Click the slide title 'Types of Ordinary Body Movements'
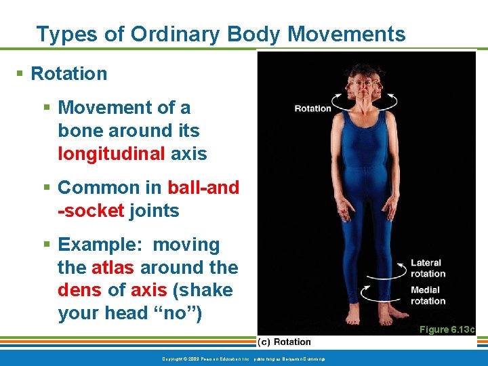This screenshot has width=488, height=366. [220, 34]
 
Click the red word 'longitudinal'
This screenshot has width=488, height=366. [111, 154]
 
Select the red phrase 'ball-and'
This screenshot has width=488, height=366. [203, 188]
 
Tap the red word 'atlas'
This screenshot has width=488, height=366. [113, 268]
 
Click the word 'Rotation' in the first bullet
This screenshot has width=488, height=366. [69, 74]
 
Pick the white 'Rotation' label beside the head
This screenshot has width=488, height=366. [312, 108]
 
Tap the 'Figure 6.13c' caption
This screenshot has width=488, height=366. [447, 329]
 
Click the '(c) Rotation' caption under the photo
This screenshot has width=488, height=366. [284, 342]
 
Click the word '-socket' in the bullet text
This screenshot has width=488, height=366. [91, 211]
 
